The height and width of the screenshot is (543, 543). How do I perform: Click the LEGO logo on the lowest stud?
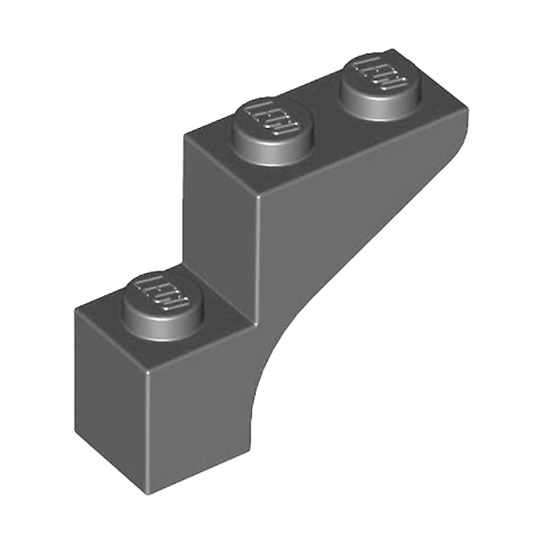coord(165,294)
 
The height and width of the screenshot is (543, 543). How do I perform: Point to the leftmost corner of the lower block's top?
coord(76,311)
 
